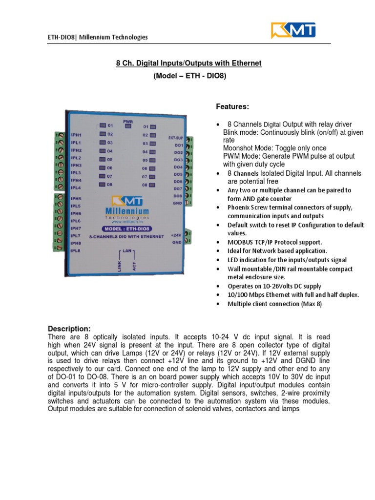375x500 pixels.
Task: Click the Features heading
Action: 233,106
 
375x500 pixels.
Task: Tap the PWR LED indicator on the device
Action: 128,126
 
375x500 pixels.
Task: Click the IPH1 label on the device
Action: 76,134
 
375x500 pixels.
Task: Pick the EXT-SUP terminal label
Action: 175,138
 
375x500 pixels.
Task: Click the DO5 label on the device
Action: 178,174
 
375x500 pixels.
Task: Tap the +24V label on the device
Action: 176,235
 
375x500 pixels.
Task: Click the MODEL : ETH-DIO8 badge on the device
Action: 126,229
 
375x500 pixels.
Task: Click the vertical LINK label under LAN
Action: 120,265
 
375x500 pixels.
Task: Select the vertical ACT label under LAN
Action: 134,265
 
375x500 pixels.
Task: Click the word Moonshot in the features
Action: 239,148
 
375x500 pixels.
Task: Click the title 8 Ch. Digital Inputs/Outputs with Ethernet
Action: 188,63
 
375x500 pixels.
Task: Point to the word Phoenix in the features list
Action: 240,208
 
